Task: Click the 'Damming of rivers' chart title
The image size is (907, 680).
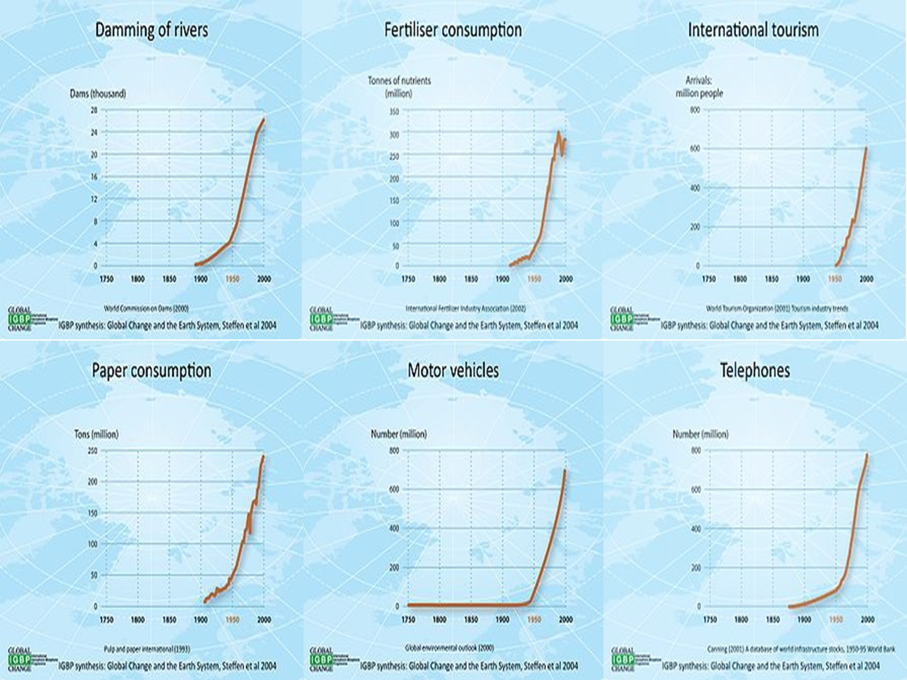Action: coord(151,30)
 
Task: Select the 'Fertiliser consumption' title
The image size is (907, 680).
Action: coord(453,30)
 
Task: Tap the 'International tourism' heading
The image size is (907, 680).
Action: coord(753,30)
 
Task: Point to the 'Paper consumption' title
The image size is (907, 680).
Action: coord(151,371)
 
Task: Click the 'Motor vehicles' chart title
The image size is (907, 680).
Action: coord(453,371)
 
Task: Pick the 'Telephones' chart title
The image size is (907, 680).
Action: coord(755,371)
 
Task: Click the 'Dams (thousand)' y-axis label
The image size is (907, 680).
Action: coord(97,94)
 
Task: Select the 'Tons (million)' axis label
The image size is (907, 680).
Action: coord(96,434)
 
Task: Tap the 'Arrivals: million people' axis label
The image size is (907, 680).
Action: coord(699,87)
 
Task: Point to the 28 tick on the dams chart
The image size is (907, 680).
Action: coord(94,110)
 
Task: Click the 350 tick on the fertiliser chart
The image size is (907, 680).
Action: coord(394,112)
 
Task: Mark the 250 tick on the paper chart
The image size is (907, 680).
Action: coord(93,451)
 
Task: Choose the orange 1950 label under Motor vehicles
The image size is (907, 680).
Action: coord(534,620)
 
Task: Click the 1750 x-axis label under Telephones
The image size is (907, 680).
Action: coord(710,620)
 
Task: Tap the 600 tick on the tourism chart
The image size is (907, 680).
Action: coord(695,149)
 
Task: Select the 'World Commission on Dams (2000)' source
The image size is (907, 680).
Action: coord(146,309)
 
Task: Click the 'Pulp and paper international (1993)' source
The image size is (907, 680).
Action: coord(146,649)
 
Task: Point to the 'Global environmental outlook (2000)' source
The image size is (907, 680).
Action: coord(449,648)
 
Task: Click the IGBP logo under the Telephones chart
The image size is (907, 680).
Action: coord(622,659)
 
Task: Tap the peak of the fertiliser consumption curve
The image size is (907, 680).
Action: coord(558,132)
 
